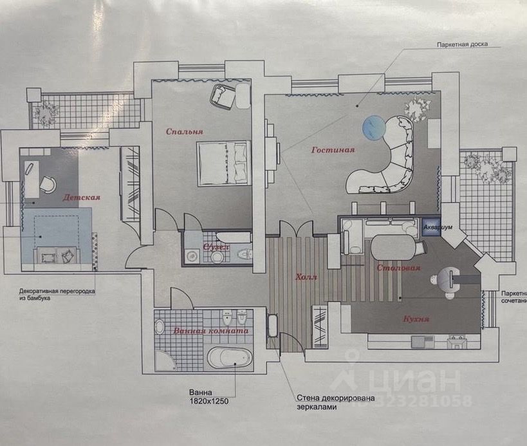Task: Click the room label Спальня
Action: pyautogui.click(x=185, y=131)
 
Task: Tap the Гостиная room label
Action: pyautogui.click(x=333, y=150)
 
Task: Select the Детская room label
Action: pyautogui.click(x=81, y=197)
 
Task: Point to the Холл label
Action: pyautogui.click(x=306, y=277)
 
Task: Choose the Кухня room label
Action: pyautogui.click(x=417, y=318)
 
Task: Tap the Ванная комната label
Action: pyautogui.click(x=210, y=331)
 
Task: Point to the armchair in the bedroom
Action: pyautogui.click(x=223, y=97)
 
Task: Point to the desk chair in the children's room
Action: pyautogui.click(x=47, y=184)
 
